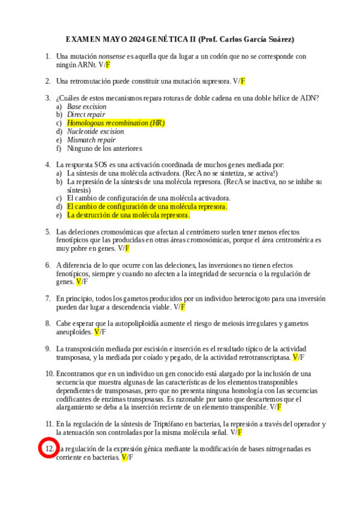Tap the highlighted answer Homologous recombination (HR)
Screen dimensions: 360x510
(x=115, y=123)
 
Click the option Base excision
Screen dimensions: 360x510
(x=87, y=106)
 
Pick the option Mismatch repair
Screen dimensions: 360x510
(x=91, y=140)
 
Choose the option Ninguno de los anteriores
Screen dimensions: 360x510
(x=104, y=148)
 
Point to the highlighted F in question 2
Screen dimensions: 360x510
(x=243, y=81)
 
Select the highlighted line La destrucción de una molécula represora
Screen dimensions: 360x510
(x=128, y=215)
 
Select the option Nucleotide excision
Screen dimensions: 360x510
(x=96, y=131)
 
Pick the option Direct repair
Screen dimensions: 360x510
(x=86, y=114)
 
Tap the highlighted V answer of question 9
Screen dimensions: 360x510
(x=295, y=357)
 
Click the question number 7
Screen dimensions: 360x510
(x=47, y=298)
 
